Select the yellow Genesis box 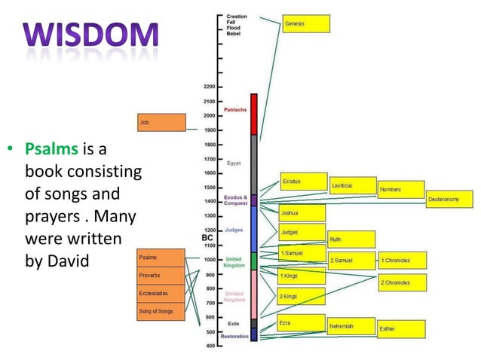click(305, 24)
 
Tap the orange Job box click(161, 123)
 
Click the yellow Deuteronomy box click(449, 200)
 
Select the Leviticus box click(352, 185)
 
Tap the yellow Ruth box click(351, 239)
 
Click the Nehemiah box click(351, 326)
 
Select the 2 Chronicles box click(402, 282)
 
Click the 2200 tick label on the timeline click(209, 87)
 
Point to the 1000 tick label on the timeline click(209, 260)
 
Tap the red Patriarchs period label click(235, 110)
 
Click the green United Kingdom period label click(234, 262)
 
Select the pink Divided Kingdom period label click(234, 297)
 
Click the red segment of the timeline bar click(254, 114)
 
